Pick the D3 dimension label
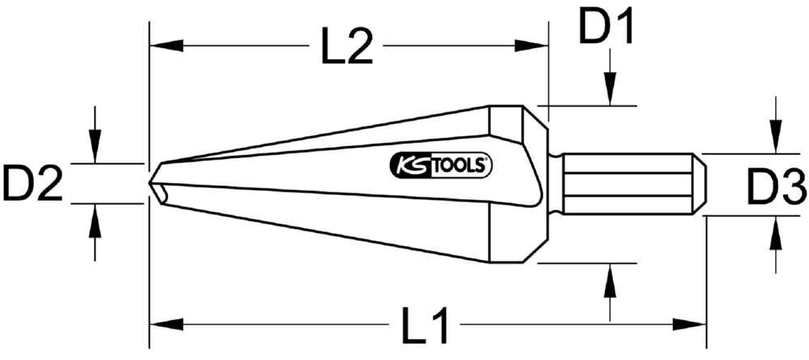pos(776,191)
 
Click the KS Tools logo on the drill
pos(442,166)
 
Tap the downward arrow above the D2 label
pos(95,146)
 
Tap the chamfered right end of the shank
pos(700,184)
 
